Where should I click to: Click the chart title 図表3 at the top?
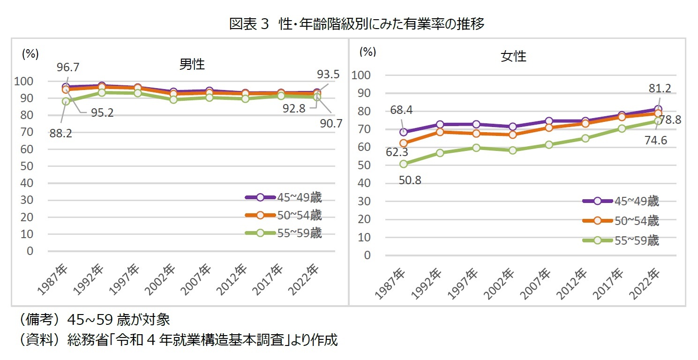[x=356, y=24]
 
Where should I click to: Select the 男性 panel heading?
[x=192, y=64]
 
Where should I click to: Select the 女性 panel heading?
[x=514, y=57]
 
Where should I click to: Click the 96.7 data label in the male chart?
[x=68, y=67]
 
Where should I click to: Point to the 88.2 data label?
[x=60, y=134]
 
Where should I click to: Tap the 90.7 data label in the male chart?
[x=331, y=124]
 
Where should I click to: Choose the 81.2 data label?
[x=659, y=89]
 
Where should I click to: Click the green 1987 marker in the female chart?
[x=403, y=164]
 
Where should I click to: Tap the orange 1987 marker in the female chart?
[x=403, y=143]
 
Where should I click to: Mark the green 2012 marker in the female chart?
[x=585, y=138]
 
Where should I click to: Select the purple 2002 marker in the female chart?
[x=512, y=127]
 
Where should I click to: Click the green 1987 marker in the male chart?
[x=66, y=101]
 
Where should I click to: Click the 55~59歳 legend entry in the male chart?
[x=284, y=233]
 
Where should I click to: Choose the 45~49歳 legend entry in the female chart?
[x=621, y=201]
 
